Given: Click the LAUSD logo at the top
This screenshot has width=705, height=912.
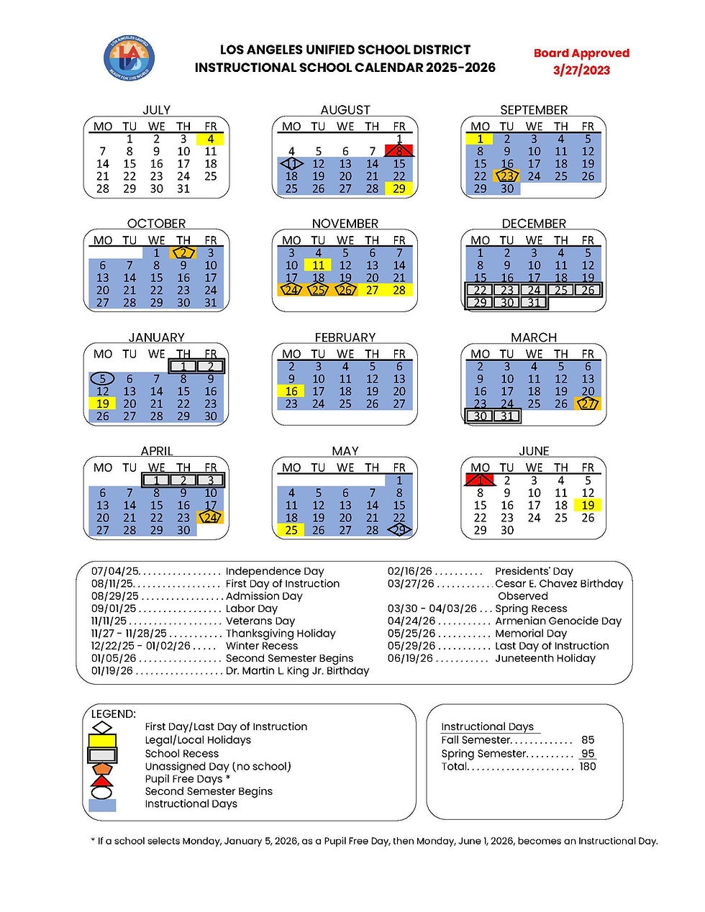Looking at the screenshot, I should (129, 58).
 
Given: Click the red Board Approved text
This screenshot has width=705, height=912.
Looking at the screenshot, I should (581, 53).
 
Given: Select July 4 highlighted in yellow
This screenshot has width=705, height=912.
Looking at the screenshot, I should (210, 139).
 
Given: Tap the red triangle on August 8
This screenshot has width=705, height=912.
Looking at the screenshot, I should (399, 150).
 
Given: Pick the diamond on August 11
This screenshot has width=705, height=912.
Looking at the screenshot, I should (291, 164).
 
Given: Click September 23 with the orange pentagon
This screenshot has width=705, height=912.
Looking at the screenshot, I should (507, 176).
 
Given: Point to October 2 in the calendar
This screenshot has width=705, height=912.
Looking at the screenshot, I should (183, 253).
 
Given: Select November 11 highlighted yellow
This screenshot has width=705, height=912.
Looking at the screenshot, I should (318, 265).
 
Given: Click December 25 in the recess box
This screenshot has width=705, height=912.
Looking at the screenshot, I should (561, 291).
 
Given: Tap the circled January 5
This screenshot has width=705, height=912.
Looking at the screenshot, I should (103, 379).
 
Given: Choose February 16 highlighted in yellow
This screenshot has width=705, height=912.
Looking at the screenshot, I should (291, 391).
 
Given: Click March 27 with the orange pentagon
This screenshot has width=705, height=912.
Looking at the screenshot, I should (588, 404).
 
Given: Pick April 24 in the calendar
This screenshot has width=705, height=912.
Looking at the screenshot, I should (210, 518).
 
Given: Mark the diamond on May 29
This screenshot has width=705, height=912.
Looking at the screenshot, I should (399, 530).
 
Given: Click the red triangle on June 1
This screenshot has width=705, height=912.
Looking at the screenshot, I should (480, 480).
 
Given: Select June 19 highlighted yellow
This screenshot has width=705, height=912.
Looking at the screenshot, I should (588, 505).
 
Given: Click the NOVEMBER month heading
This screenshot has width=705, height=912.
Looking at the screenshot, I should (345, 224).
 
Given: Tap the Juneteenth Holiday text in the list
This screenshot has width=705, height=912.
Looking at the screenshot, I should (545, 658).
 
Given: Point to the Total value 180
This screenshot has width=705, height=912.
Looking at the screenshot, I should (588, 767).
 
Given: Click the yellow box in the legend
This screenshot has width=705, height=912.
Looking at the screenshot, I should (102, 741).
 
